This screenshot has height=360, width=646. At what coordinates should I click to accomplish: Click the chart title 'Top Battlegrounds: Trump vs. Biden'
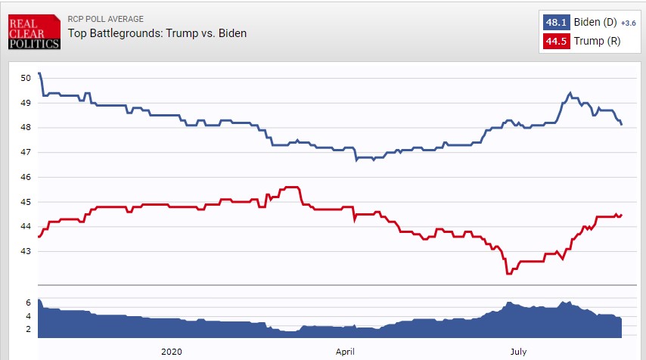157,33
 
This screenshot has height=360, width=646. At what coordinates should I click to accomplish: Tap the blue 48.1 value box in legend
554,23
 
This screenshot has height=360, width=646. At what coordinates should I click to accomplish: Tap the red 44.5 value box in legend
554,41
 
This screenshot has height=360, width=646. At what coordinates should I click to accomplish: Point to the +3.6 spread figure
629,24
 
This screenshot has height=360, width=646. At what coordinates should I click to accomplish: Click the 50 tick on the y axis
26,77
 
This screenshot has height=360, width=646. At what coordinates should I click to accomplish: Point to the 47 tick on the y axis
26,152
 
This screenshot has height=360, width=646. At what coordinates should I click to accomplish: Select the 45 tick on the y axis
26,202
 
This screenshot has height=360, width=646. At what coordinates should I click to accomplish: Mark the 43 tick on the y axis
26,251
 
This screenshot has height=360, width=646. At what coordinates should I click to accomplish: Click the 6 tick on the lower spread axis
28,302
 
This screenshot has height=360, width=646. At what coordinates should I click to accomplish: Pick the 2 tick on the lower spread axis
28,329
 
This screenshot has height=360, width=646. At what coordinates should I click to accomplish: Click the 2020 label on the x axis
172,352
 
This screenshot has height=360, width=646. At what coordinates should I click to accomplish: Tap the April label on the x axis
345,352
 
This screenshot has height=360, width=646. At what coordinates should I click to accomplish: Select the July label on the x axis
518,352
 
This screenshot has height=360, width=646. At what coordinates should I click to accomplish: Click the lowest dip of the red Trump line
508,273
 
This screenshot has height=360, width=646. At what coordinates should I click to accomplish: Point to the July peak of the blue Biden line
570,93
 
